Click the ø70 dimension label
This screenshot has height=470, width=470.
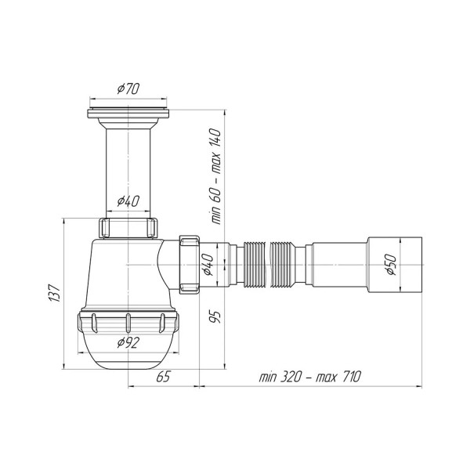(128, 89)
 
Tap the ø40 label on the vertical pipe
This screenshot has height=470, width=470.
(128, 201)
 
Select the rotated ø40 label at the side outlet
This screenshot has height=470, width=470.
(208, 265)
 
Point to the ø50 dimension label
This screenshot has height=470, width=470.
(391, 265)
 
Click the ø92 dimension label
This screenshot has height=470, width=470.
(128, 342)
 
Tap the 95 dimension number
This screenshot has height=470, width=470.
(215, 316)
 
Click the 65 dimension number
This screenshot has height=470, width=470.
(164, 377)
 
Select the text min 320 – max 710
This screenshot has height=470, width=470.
(310, 377)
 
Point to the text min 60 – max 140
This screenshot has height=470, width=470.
(216, 176)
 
